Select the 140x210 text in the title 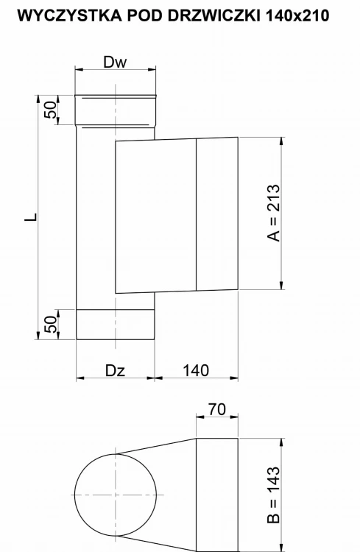[x=308, y=15]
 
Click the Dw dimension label [x=115, y=63]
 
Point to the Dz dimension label [x=115, y=369]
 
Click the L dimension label [x=27, y=218]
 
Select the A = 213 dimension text [x=274, y=213]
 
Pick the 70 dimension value [x=216, y=409]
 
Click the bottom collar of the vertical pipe [x=115, y=325]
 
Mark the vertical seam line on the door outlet [x=197, y=215]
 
